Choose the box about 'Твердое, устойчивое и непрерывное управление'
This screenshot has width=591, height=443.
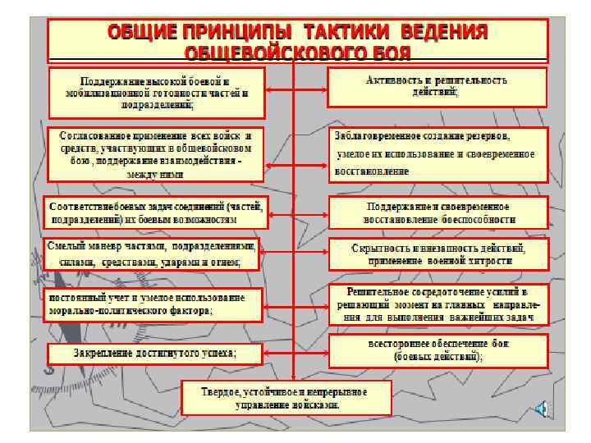[284, 398]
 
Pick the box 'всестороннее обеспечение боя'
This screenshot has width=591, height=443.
[438, 350]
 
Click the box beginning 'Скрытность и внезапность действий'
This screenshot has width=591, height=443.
[438, 253]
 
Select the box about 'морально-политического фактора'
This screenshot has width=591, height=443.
[153, 304]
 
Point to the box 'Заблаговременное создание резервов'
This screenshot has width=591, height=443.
[438, 153]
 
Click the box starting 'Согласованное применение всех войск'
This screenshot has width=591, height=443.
[155, 153]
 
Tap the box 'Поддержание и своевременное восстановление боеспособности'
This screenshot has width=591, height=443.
[438, 212]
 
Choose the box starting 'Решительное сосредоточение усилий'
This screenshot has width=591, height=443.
[438, 304]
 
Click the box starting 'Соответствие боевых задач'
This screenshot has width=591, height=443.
[155, 212]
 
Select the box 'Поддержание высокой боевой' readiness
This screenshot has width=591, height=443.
[156, 94]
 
